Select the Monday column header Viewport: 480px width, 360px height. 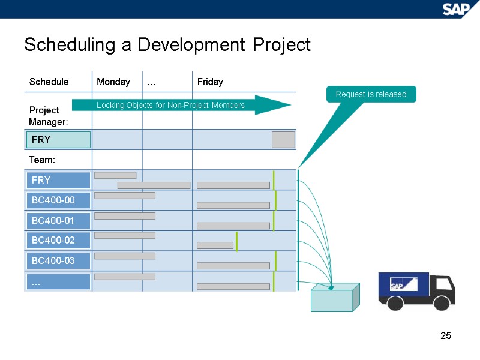[x=113, y=82]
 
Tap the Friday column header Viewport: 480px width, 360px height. [x=210, y=82]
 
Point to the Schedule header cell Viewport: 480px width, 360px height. [x=49, y=82]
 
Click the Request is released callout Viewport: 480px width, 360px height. [x=371, y=94]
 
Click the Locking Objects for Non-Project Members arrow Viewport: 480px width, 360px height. [x=180, y=105]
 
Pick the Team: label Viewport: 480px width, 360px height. [x=42, y=160]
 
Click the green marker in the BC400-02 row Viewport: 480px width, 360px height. [x=236, y=241]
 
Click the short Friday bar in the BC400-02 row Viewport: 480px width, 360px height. [x=215, y=245]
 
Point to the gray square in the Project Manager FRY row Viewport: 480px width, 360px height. [x=283, y=140]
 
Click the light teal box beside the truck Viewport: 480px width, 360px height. [x=334, y=298]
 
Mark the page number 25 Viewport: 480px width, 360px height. [x=445, y=335]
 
